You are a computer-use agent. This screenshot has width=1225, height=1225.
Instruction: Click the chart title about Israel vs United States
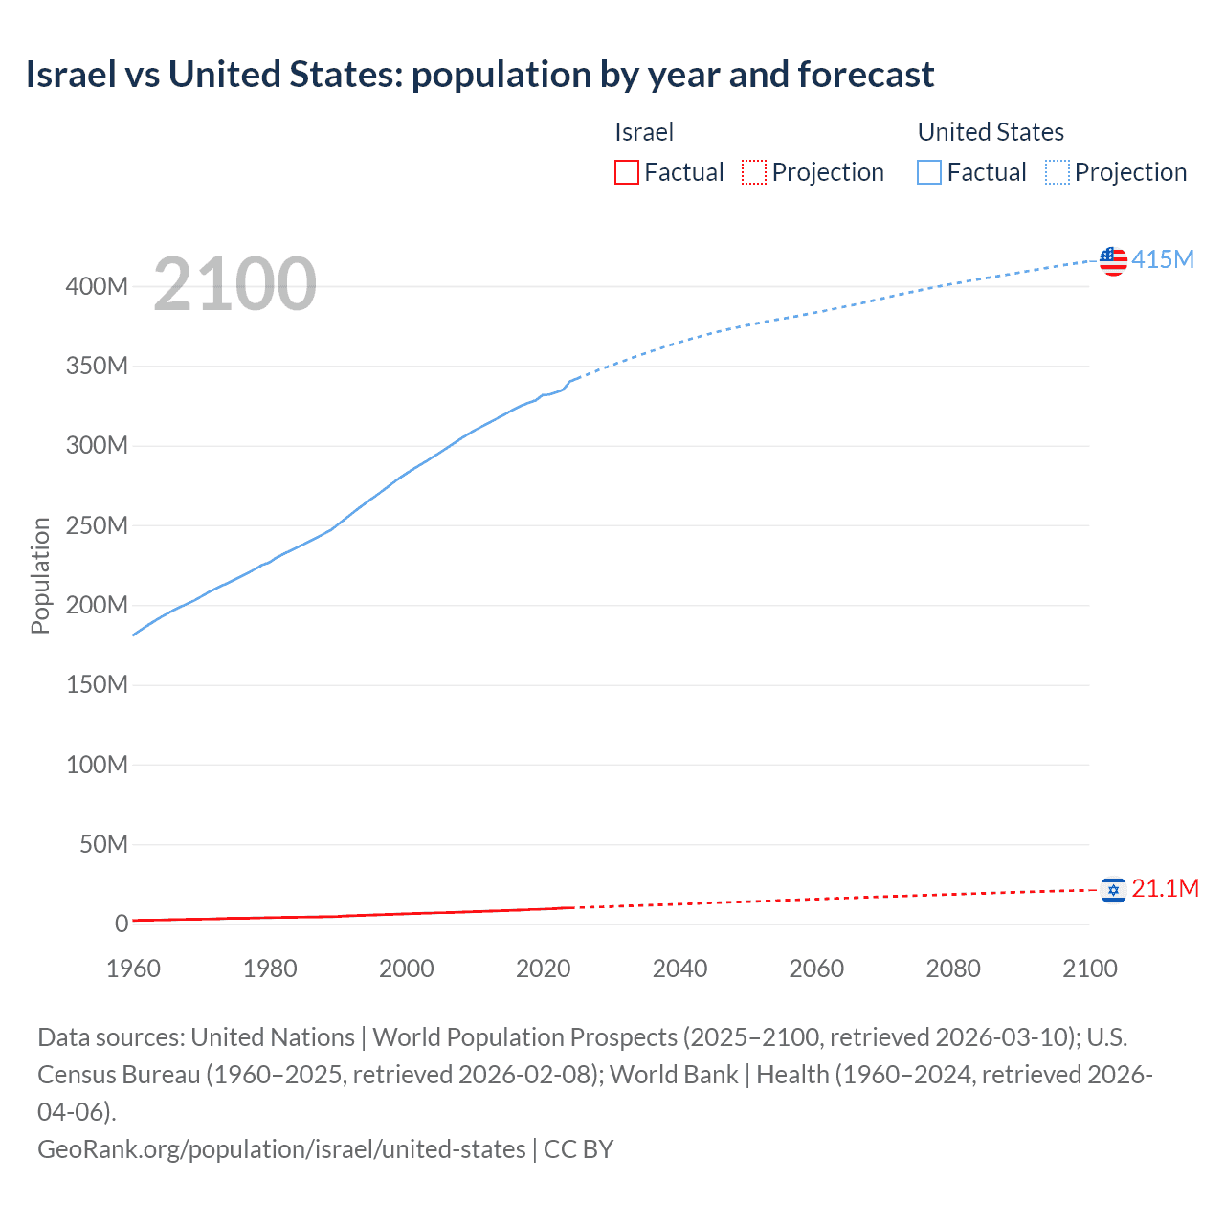(479, 75)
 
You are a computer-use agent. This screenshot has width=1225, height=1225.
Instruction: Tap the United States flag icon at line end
(1113, 260)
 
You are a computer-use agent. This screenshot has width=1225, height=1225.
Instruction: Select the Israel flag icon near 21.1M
(1113, 890)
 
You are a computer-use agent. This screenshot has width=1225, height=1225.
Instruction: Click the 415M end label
(1163, 259)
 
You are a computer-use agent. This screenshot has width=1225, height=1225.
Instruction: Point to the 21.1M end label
(1165, 888)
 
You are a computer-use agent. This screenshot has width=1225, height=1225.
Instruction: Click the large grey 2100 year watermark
(234, 284)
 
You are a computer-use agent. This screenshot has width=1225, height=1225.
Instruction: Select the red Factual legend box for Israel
(627, 172)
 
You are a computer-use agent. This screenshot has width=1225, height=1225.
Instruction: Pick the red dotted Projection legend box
(754, 172)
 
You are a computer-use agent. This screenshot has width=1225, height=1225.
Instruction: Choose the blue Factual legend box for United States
(929, 172)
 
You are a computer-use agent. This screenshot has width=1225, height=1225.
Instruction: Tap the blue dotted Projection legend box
(1058, 172)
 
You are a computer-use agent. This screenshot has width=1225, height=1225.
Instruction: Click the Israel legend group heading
(644, 132)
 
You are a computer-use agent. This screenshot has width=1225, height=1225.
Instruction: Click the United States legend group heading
(991, 132)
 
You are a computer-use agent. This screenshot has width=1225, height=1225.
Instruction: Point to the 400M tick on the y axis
(97, 286)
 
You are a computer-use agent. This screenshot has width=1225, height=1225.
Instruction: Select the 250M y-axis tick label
(97, 525)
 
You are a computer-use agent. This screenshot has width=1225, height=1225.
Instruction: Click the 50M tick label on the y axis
(103, 844)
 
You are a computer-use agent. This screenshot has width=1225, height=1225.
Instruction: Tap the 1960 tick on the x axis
(133, 969)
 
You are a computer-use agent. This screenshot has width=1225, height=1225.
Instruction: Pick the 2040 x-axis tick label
(679, 969)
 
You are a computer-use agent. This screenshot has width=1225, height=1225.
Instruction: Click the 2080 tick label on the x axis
(953, 969)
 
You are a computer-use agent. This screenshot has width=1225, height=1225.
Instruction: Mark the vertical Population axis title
(40, 575)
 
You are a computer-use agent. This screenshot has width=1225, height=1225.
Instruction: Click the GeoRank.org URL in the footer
(281, 1148)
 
